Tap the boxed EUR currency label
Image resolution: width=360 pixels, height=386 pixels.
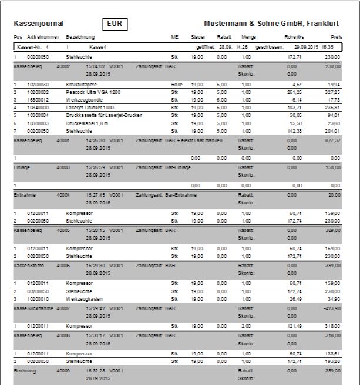(x=115, y=24)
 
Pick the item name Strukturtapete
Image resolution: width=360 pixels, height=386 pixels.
(x=82, y=85)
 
